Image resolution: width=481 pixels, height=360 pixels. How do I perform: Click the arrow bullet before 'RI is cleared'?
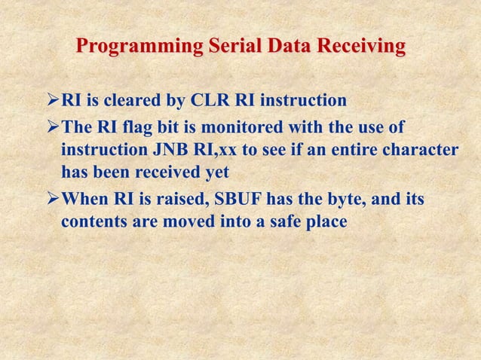click(52, 101)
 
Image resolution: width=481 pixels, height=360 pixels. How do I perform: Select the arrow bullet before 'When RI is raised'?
click(52, 200)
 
